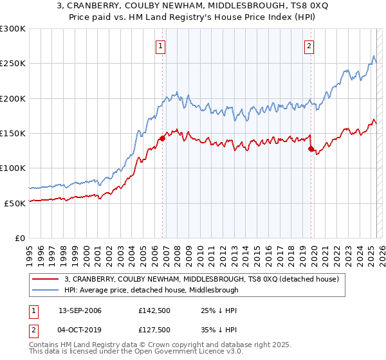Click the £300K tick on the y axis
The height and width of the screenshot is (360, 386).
13,29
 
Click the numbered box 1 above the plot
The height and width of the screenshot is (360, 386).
160,46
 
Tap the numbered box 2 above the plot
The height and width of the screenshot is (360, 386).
309,46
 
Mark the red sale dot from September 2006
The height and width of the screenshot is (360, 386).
162,138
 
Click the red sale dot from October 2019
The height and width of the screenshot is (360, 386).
311,149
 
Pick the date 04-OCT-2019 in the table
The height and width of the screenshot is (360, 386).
80,330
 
